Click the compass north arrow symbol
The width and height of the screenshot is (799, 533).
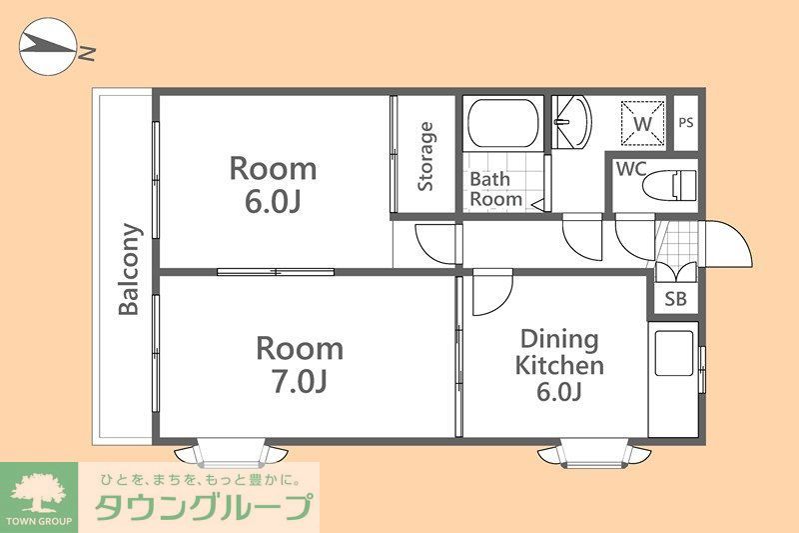[48, 47]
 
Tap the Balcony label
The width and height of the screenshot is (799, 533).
[129, 268]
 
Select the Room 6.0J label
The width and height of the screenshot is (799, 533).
[273, 183]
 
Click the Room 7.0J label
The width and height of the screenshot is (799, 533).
[299, 364]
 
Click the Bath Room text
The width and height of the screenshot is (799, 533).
[495, 189]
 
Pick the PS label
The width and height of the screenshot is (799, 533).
[685, 123]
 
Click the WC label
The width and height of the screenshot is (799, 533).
[630, 169]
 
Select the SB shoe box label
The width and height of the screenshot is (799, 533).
[675, 299]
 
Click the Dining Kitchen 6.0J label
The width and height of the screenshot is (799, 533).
[558, 365]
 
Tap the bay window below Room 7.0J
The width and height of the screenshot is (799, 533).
[230, 453]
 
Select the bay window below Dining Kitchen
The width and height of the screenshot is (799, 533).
[595, 453]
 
